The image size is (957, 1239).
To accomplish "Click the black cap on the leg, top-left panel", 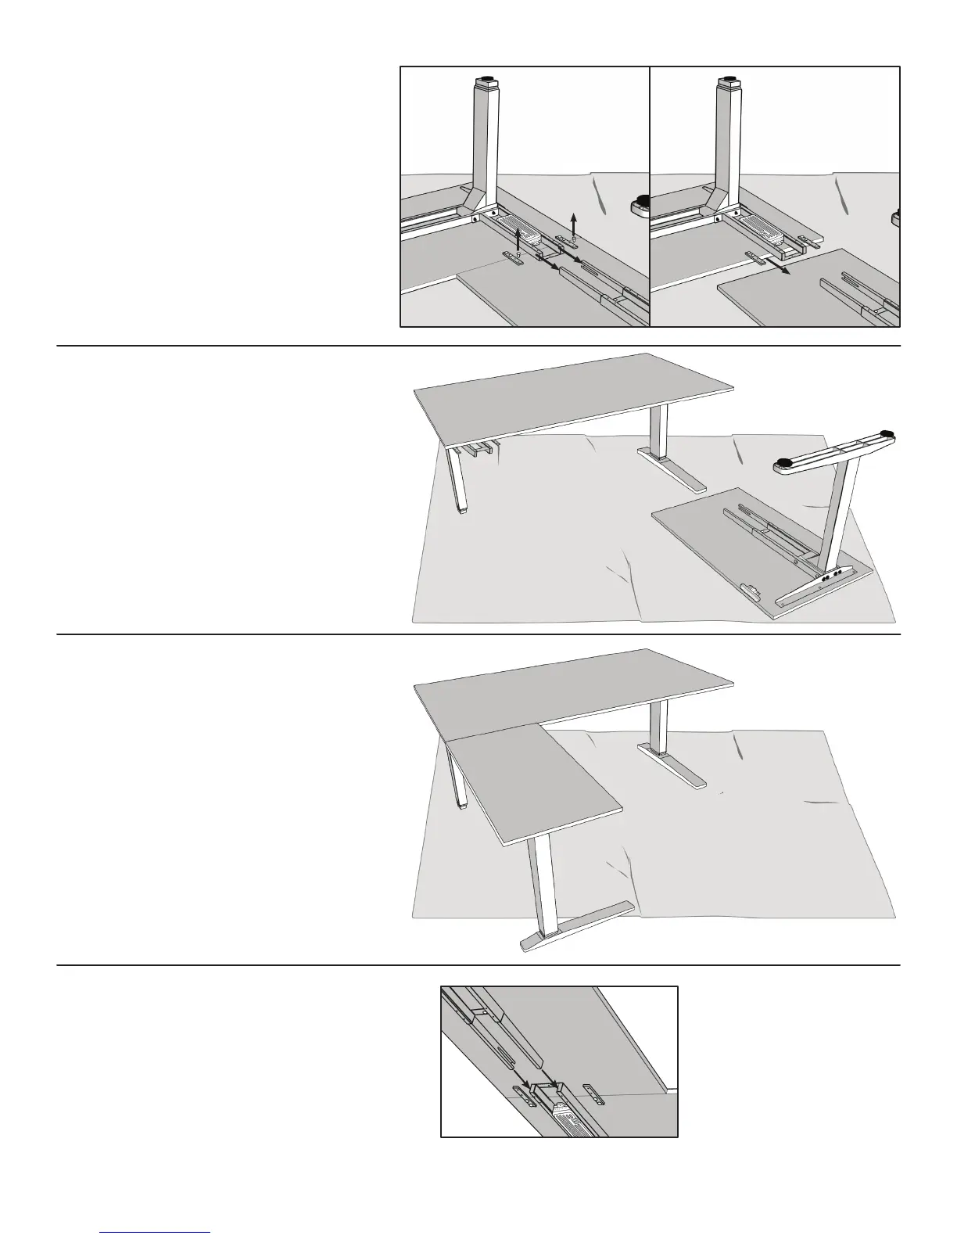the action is [x=487, y=80].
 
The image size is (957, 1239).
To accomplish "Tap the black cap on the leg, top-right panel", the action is [x=729, y=80].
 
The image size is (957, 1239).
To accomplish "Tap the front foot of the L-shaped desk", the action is [x=575, y=925].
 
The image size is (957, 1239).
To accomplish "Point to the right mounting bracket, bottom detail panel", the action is [x=592, y=1094].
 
